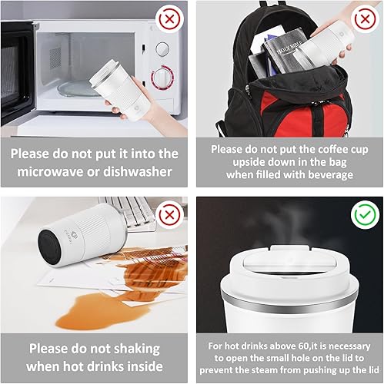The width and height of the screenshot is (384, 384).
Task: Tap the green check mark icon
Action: (x=362, y=216)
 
